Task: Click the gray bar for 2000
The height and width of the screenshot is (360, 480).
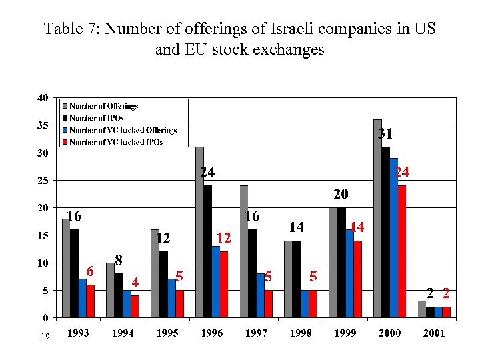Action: (x=377, y=221)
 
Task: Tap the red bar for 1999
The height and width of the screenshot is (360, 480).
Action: (x=357, y=279)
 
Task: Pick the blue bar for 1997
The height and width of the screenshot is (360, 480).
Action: (x=260, y=295)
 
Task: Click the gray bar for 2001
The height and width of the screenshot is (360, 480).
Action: (x=421, y=309)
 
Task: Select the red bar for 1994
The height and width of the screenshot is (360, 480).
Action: (x=135, y=306)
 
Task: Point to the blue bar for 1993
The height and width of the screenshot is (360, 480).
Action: (x=83, y=298)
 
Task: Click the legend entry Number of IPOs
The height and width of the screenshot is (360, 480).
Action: (x=96, y=118)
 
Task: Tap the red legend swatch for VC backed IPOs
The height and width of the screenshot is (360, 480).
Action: (x=65, y=141)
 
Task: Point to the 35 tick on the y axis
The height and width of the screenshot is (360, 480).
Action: (x=42, y=125)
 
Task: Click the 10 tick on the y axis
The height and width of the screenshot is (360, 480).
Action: (x=42, y=263)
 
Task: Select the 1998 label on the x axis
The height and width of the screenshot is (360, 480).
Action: (x=300, y=333)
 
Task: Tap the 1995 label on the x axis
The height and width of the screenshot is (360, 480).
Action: (x=167, y=333)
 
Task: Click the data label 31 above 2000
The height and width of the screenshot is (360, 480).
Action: (x=385, y=134)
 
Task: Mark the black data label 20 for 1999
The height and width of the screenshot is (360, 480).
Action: (x=341, y=195)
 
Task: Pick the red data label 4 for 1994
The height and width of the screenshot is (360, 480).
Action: (x=135, y=282)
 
